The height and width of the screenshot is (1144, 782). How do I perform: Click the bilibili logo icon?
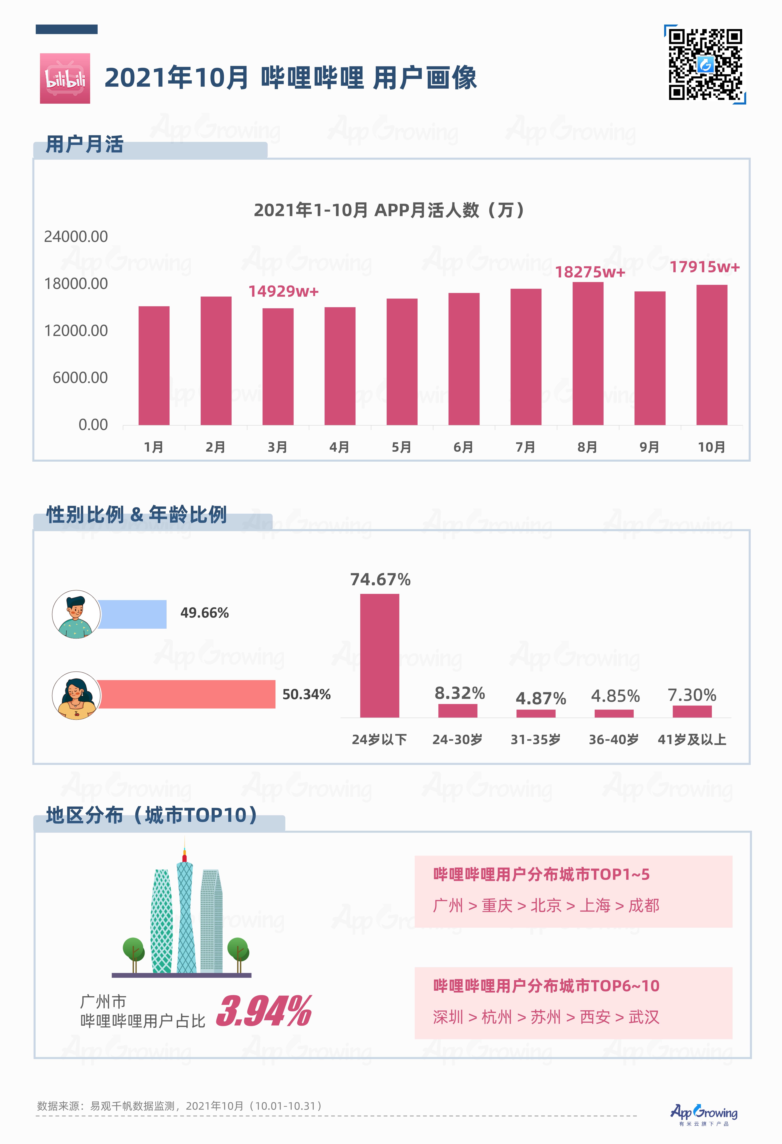click(x=65, y=78)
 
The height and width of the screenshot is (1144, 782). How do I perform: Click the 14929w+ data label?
click(x=283, y=291)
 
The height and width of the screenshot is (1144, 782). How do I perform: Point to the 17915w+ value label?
click(x=704, y=267)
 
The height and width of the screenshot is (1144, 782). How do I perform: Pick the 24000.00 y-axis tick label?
click(x=76, y=237)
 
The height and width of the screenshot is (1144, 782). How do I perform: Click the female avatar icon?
click(x=76, y=695)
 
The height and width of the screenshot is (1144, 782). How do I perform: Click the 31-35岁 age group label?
click(x=535, y=739)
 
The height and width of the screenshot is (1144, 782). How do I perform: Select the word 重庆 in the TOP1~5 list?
click(x=497, y=905)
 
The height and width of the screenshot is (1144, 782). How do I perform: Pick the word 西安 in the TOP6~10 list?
click(x=595, y=1017)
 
